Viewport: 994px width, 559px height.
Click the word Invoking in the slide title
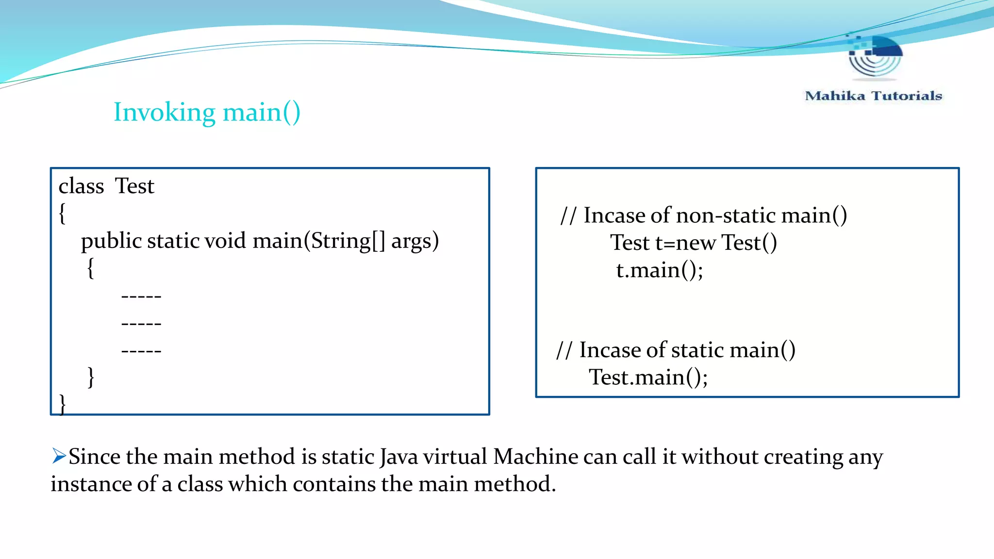click(164, 113)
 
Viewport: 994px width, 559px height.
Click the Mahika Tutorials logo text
click(873, 96)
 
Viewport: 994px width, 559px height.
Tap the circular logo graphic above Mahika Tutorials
click(875, 57)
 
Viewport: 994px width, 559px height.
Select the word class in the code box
click(81, 186)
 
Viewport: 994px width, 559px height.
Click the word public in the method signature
click(111, 241)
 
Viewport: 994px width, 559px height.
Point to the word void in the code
click(225, 241)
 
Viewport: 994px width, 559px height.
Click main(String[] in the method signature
click(318, 241)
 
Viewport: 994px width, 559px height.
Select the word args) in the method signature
click(415, 241)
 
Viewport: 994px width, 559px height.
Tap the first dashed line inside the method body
click(141, 296)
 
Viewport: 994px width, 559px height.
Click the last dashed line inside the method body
click(141, 350)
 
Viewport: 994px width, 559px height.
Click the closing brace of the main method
click(91, 377)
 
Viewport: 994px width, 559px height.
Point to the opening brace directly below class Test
click(62, 213)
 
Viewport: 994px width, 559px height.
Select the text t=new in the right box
click(685, 243)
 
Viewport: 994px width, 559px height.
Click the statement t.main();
click(659, 270)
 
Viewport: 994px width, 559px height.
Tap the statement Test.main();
click(648, 378)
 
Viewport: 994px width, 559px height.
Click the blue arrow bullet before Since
click(59, 456)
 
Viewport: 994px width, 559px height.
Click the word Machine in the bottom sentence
click(535, 457)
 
